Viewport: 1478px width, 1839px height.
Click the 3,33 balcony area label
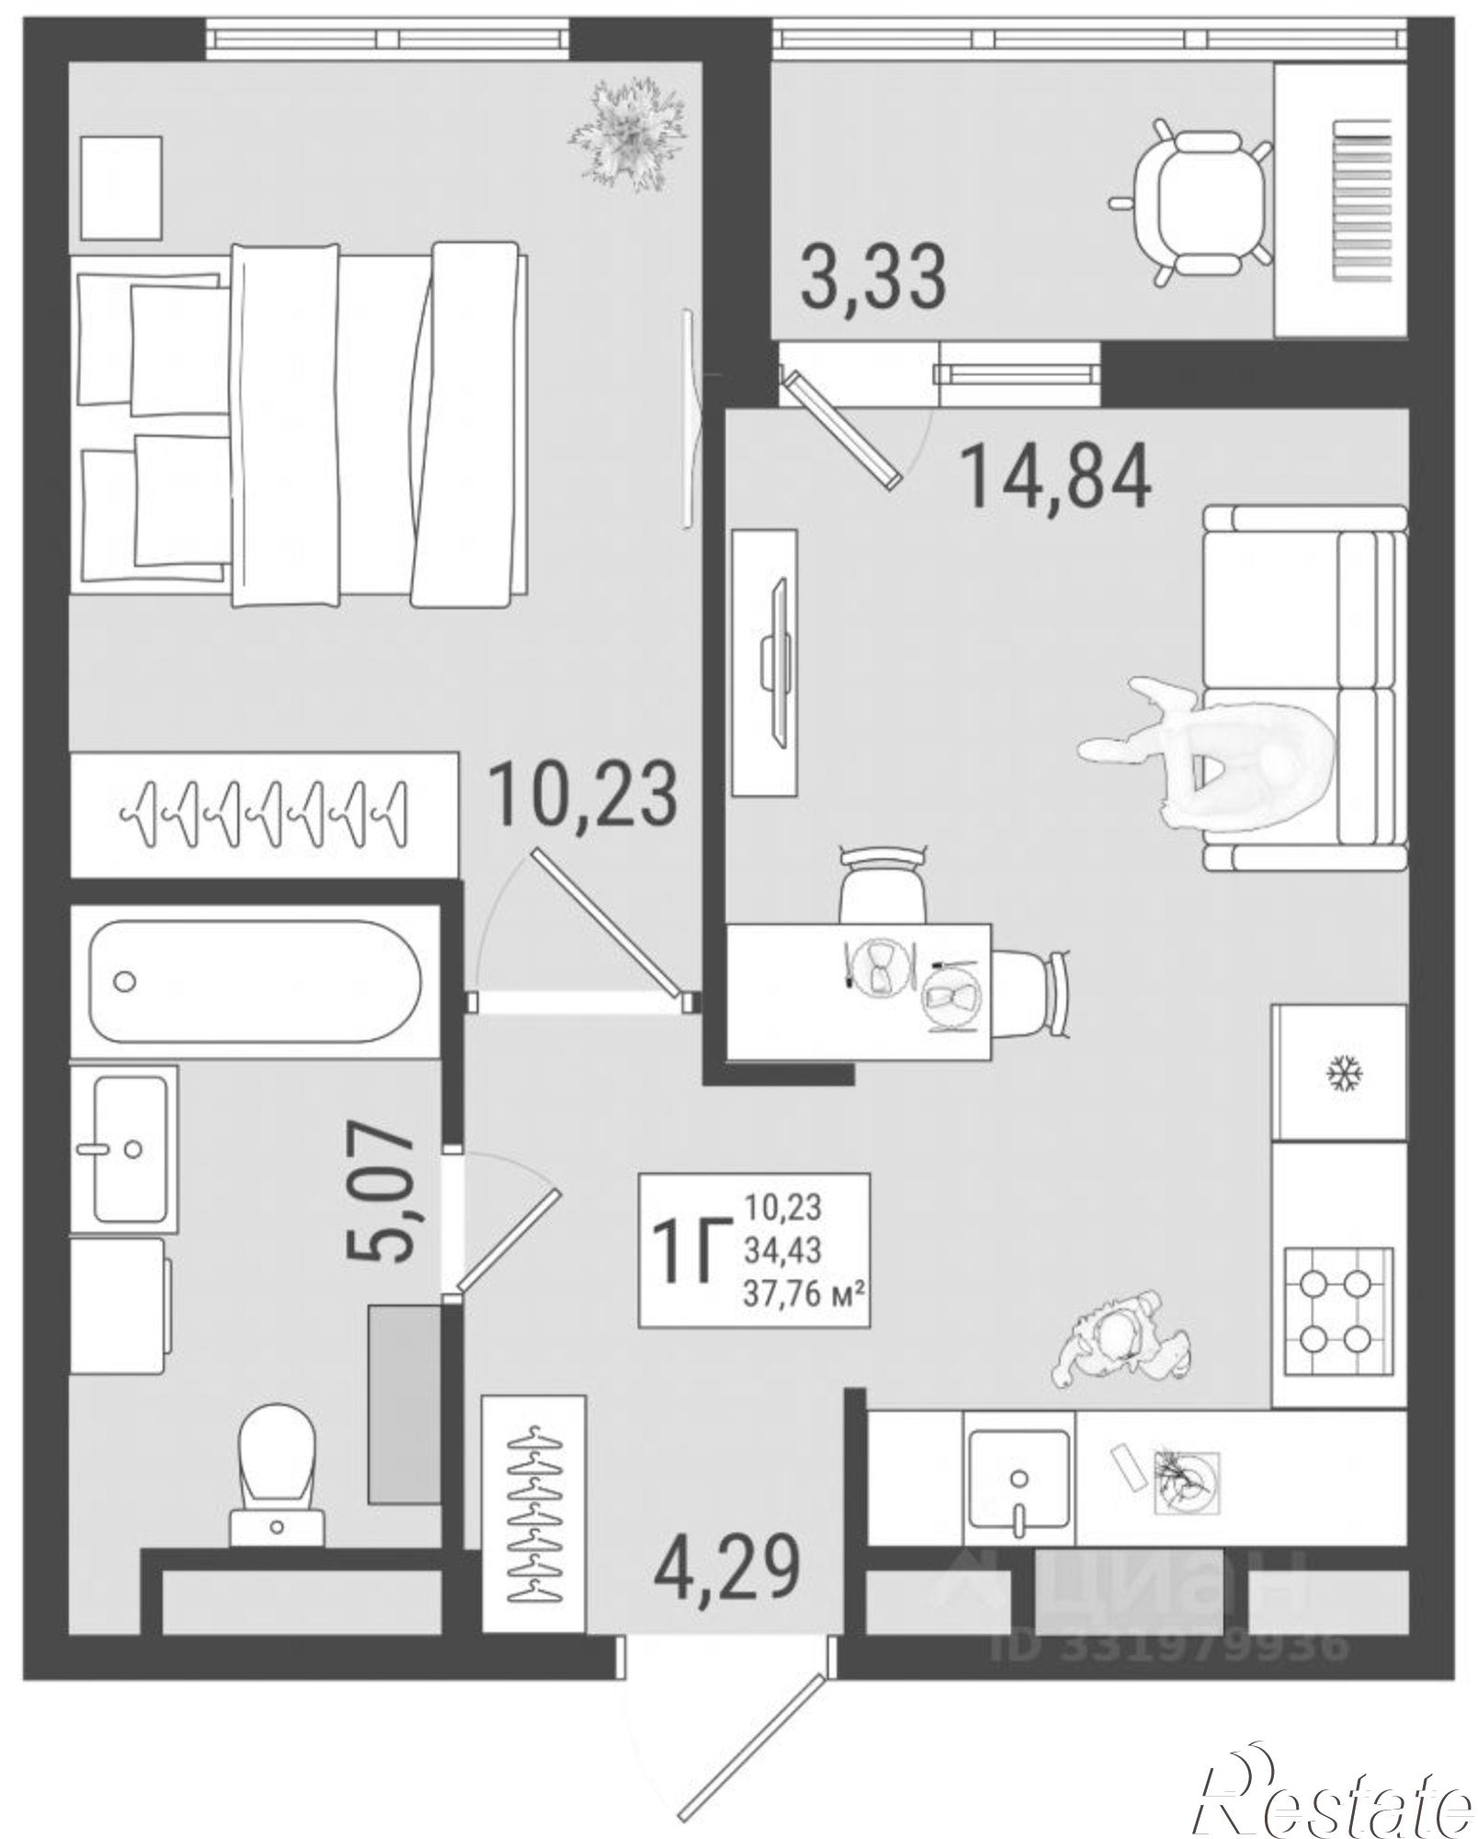pyautogui.click(x=872, y=275)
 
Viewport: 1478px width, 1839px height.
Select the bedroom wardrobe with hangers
pyautogui.click(x=265, y=814)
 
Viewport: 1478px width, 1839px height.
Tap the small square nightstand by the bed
pyautogui.click(x=122, y=187)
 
